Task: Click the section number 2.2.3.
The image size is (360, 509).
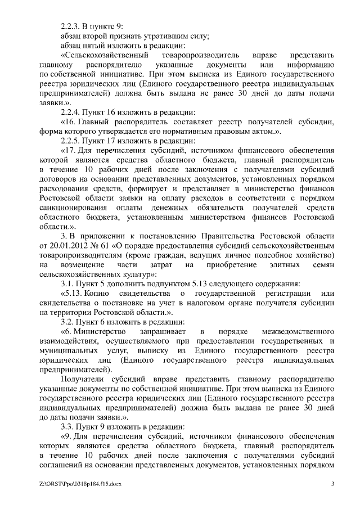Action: [71, 26]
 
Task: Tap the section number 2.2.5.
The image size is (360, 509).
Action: [71, 141]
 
